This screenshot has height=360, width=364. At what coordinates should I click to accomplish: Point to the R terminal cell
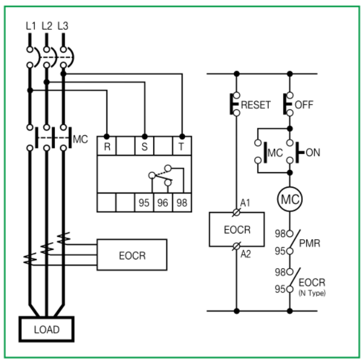click(107, 147)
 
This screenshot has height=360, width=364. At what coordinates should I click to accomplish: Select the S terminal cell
click(144, 147)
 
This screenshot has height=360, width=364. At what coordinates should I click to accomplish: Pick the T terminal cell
click(182, 147)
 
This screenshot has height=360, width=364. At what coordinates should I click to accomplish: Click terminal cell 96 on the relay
click(163, 203)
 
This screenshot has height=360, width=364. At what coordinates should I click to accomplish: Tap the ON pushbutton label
click(313, 153)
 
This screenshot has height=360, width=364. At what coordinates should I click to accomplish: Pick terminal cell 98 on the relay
click(182, 203)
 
